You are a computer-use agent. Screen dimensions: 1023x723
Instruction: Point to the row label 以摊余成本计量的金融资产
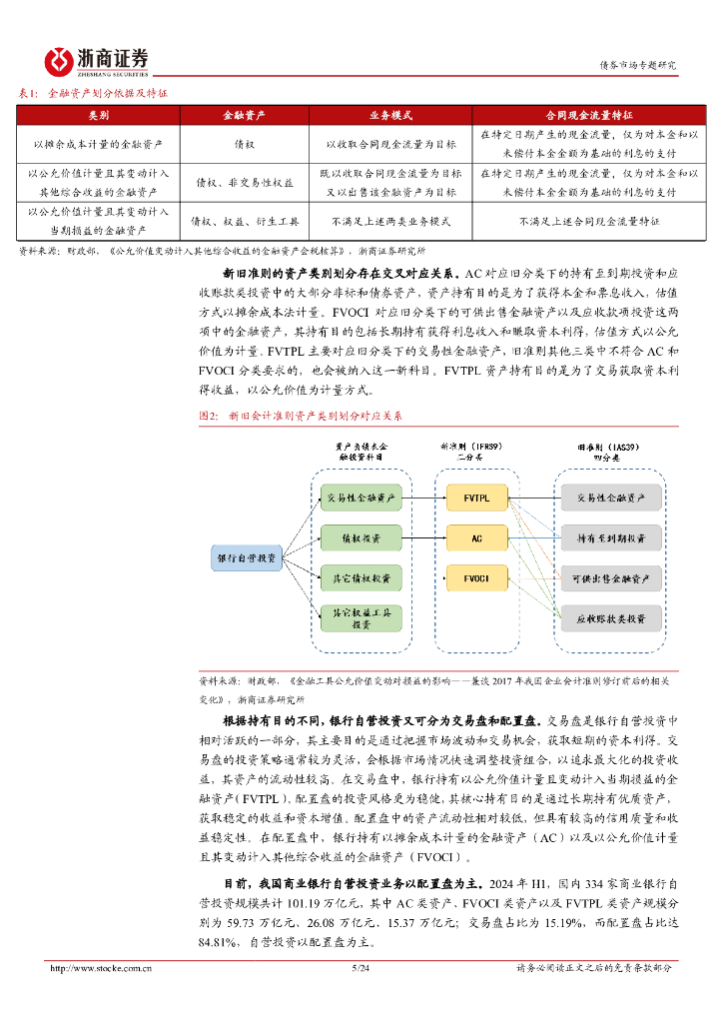coord(99,144)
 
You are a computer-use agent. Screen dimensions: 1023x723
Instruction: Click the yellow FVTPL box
coord(476,497)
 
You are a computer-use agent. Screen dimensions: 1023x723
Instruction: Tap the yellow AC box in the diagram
coord(476,537)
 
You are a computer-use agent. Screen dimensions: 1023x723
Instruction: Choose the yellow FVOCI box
coord(476,577)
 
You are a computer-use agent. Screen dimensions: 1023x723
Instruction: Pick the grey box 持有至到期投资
coord(610,537)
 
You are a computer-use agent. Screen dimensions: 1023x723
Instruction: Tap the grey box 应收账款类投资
coord(610,619)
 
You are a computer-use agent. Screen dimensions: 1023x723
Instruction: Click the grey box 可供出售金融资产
coord(610,578)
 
